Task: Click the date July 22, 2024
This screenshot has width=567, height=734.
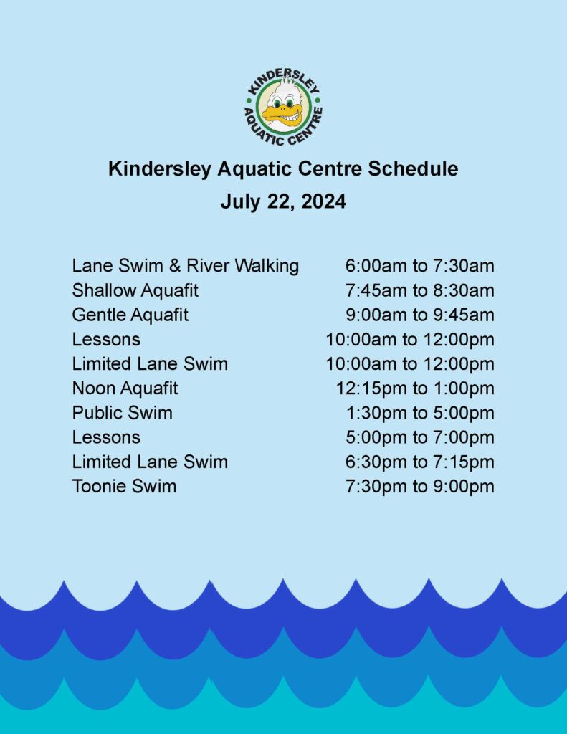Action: [283, 201]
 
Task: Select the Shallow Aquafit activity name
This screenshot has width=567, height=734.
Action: [135, 290]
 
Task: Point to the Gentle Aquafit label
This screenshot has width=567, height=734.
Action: [130, 315]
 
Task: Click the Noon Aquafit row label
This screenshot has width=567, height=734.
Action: [125, 388]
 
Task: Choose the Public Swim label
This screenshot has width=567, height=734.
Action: [122, 413]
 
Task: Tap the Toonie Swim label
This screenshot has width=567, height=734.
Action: [125, 486]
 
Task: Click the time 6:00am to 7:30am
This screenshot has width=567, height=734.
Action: [420, 266]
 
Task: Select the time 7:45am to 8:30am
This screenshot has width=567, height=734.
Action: [420, 290]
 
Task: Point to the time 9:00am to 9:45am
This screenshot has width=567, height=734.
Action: [420, 315]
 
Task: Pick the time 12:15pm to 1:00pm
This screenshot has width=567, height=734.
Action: [415, 389]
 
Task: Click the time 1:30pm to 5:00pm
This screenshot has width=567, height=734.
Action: [420, 413]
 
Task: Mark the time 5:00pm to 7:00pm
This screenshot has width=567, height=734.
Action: [420, 437]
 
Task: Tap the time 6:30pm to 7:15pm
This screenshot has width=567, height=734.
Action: [420, 462]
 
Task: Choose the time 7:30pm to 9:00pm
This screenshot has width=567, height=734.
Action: [420, 487]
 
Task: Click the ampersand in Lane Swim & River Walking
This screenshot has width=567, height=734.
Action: [175, 266]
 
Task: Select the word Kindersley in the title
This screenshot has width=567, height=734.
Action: [160, 168]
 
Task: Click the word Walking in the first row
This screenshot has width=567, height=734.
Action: [267, 267]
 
